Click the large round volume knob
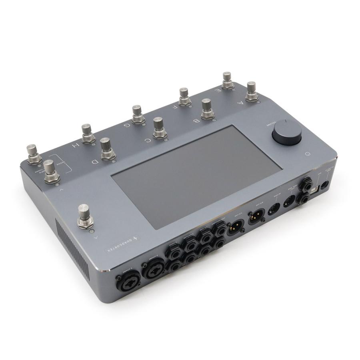287,132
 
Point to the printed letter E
218,91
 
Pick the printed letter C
148,140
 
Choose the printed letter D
95,162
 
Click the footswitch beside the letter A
251,92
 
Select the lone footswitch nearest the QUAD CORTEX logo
85,216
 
